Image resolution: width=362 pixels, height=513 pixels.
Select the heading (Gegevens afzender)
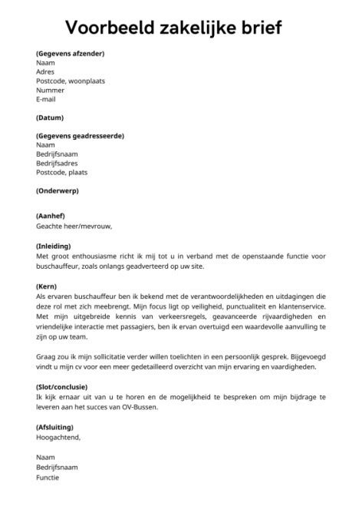[x=70, y=53]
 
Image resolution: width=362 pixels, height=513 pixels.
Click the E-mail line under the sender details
[x=46, y=99]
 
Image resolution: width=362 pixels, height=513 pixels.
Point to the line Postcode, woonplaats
[x=70, y=81]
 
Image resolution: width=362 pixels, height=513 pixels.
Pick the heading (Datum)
[x=50, y=117]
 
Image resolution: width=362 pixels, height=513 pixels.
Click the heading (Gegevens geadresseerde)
[x=80, y=136]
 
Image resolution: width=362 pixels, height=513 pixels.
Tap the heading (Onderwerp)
[x=58, y=190]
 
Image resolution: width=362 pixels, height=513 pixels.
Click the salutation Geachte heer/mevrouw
[x=74, y=227]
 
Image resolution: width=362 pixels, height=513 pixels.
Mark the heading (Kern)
[x=48, y=284]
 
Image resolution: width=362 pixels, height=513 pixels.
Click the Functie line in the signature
[x=47, y=477]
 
